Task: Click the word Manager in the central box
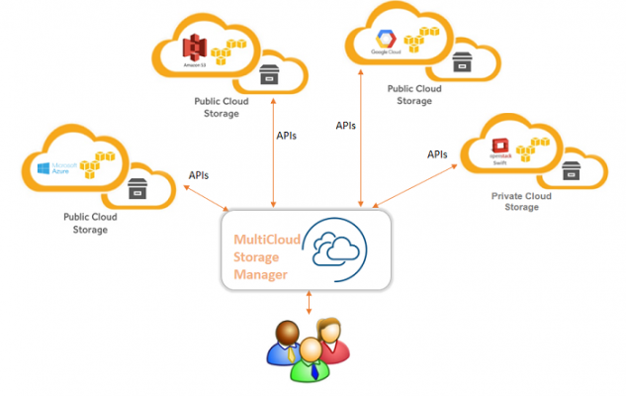click(x=260, y=274)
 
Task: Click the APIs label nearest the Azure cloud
click(x=198, y=175)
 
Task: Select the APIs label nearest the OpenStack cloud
click(x=436, y=154)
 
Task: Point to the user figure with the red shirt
click(x=331, y=337)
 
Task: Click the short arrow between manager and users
click(x=311, y=301)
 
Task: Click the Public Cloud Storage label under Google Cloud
click(x=414, y=94)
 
